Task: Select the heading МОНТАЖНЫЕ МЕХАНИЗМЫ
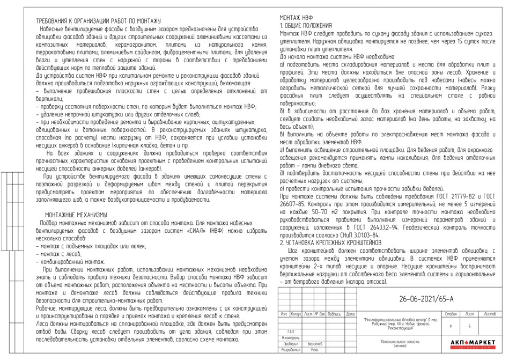(x=76, y=214)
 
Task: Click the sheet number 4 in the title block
(x=469, y=325)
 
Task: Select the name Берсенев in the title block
(x=315, y=343)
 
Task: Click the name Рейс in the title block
(x=315, y=349)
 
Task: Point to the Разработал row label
(x=291, y=349)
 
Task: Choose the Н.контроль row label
(x=291, y=337)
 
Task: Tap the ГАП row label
(x=291, y=332)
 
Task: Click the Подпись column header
(x=334, y=313)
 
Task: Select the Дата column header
(x=350, y=313)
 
